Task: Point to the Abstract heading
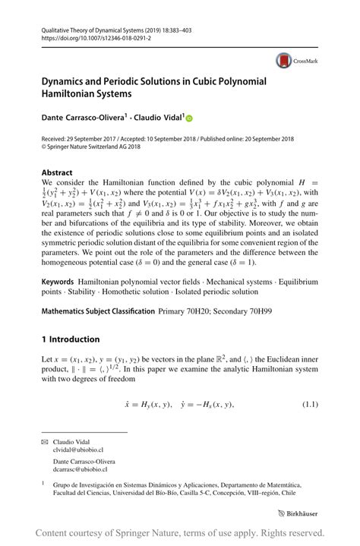pos(57,172)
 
